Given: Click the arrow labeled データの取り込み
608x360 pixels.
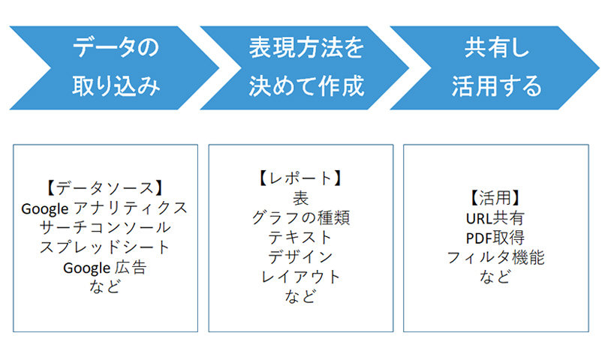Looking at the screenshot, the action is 116,67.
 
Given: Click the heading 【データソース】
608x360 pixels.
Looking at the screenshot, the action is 104,188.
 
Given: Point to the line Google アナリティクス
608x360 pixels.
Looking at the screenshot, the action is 104,208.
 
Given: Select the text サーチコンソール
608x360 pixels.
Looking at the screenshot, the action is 105,227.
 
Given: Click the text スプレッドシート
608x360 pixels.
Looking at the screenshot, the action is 105,247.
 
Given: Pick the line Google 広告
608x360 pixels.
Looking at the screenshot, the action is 104,268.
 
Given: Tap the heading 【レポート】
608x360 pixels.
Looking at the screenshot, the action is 300,178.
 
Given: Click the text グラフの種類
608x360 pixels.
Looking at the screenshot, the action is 301,217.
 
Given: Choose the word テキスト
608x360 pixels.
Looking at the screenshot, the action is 300,238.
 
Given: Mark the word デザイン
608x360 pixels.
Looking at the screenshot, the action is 300,257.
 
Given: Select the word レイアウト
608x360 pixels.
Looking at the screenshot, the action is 300,277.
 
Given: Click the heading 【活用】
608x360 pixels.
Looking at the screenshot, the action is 495,198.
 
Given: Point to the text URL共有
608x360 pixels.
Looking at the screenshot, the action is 495,218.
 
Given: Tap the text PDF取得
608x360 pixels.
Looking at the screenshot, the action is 495,238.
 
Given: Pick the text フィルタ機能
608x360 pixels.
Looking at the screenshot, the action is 496,257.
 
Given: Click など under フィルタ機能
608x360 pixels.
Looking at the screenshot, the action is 495,277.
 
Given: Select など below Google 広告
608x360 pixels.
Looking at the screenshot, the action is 104,286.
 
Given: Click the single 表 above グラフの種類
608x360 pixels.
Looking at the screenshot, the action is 300,198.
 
